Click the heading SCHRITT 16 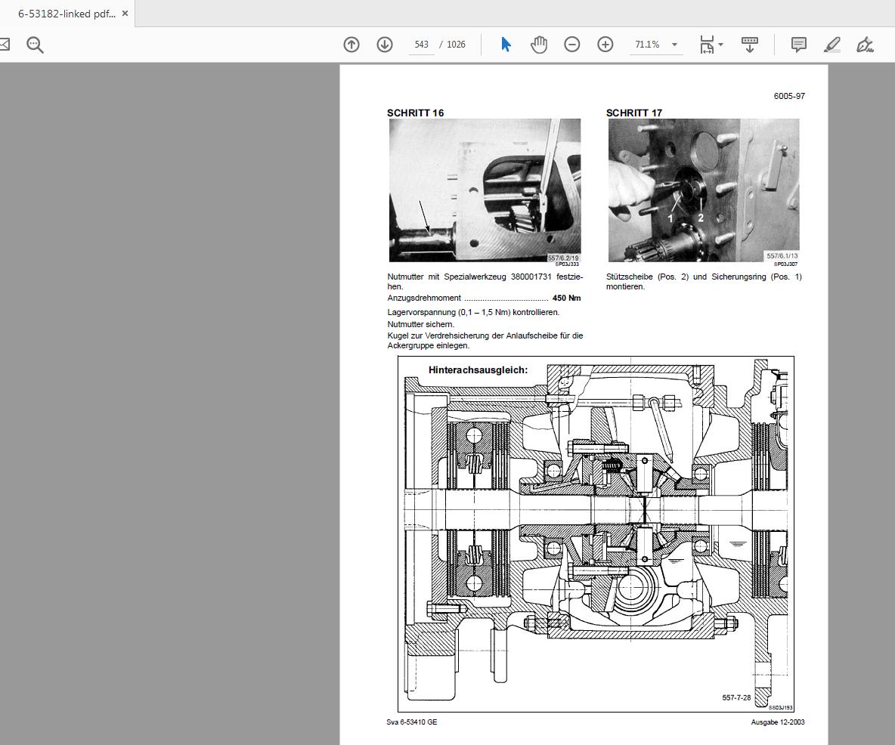(415, 113)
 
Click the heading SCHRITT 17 (633, 113)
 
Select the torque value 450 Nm (566, 298)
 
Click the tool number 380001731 (531, 277)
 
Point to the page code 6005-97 (789, 96)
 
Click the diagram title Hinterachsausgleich (478, 370)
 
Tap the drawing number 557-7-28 (736, 697)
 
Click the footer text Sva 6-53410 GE (411, 722)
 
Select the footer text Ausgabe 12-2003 (777, 722)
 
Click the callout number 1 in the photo (670, 218)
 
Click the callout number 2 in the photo (701, 218)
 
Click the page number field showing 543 (421, 45)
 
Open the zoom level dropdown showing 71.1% (655, 45)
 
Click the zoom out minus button (572, 45)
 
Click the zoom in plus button (605, 45)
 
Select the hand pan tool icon (539, 45)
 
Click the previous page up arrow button (351, 45)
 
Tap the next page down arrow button (385, 45)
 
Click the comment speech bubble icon (798, 45)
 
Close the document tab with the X (125, 14)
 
